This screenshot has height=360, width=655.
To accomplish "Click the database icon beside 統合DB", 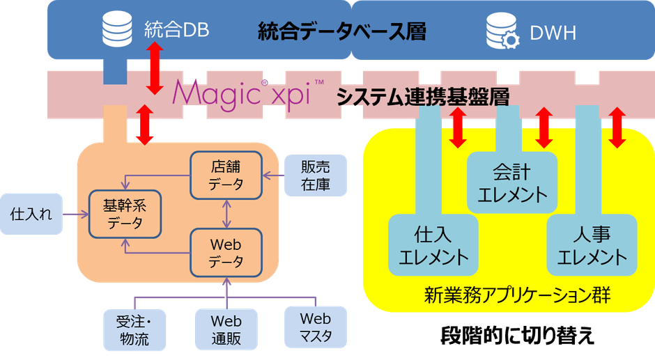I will (x=116, y=30).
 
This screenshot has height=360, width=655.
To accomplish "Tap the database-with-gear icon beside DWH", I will (x=503, y=32).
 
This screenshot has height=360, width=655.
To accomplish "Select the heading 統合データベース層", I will (x=341, y=31).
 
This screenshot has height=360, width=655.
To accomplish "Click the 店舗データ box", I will (x=226, y=176).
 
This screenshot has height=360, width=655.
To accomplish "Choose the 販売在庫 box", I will (x=315, y=175).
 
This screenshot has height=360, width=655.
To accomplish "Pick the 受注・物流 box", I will (x=132, y=330).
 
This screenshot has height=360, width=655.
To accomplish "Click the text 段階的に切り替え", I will (x=517, y=336).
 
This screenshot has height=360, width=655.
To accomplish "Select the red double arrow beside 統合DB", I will (x=155, y=68).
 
